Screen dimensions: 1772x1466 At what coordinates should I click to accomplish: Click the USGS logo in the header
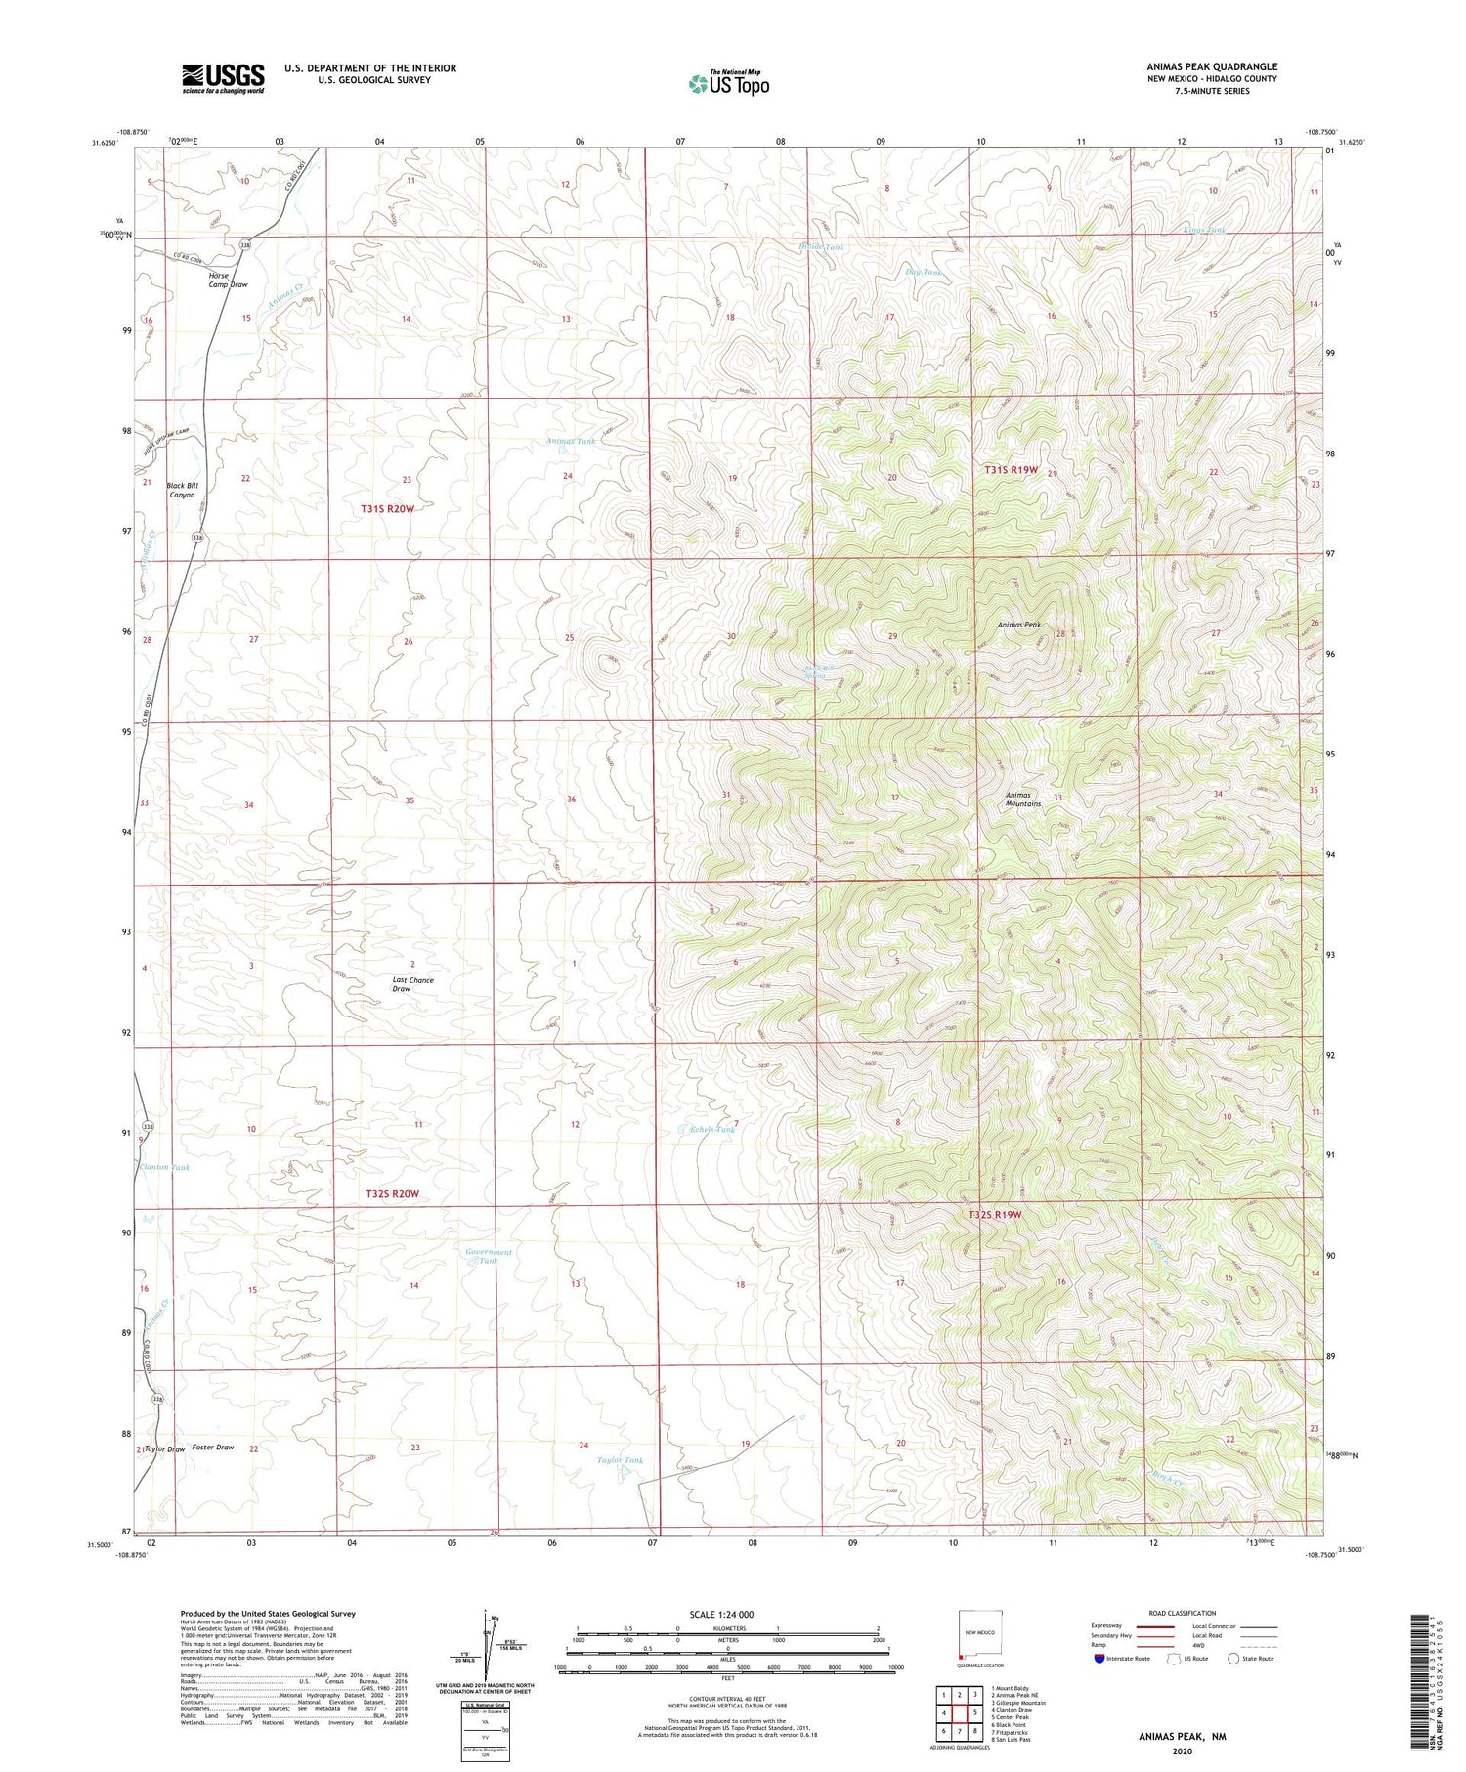point(223,78)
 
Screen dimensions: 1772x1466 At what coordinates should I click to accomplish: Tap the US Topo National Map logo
point(729,84)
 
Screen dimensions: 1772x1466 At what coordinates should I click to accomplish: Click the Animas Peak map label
point(1019,625)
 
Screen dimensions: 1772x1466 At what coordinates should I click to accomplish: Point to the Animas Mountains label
point(1023,800)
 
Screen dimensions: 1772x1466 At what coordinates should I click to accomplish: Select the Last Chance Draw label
point(412,984)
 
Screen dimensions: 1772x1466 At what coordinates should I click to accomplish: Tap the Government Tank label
point(489,1256)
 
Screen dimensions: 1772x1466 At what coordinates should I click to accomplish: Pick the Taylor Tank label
point(621,1460)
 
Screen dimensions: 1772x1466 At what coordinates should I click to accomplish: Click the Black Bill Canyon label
point(182,490)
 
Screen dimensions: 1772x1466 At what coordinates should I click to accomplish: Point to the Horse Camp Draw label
point(228,281)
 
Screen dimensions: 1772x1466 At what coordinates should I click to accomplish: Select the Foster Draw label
point(212,1447)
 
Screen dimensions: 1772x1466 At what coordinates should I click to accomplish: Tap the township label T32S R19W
point(994,1215)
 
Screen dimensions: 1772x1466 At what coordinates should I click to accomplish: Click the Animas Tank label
point(571,442)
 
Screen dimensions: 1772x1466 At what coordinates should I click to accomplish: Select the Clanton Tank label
point(164,1167)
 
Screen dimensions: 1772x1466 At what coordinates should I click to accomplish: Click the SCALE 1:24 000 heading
point(721,1614)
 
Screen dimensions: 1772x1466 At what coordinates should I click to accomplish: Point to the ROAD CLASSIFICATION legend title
point(1182,1613)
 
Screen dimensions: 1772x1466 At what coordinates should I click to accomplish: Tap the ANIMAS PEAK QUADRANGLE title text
point(1212,66)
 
